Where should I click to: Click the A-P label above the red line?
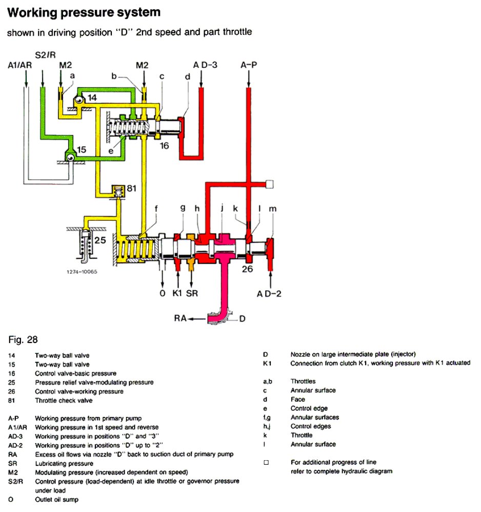coord(249,65)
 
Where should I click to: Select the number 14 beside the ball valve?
coord(92,98)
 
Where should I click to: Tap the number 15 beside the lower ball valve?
coord(82,149)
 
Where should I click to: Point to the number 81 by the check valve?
coord(131,188)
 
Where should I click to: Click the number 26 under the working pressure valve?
coord(247,269)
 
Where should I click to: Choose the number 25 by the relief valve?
coord(100,240)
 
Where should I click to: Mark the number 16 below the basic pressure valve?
coord(165,146)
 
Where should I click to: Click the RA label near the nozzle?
coord(181,318)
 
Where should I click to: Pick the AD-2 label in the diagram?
coord(269,294)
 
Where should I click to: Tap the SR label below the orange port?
coord(192,293)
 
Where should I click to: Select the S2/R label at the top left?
coord(45,55)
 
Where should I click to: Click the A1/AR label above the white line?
coord(20,65)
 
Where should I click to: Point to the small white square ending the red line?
coord(270,184)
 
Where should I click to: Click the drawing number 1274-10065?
coord(82,272)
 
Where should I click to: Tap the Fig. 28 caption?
coord(23,339)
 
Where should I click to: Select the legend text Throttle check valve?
coord(64,401)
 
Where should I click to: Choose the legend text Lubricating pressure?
coord(64,463)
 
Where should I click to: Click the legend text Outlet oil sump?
coord(57,499)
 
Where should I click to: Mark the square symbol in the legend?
coord(266,462)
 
